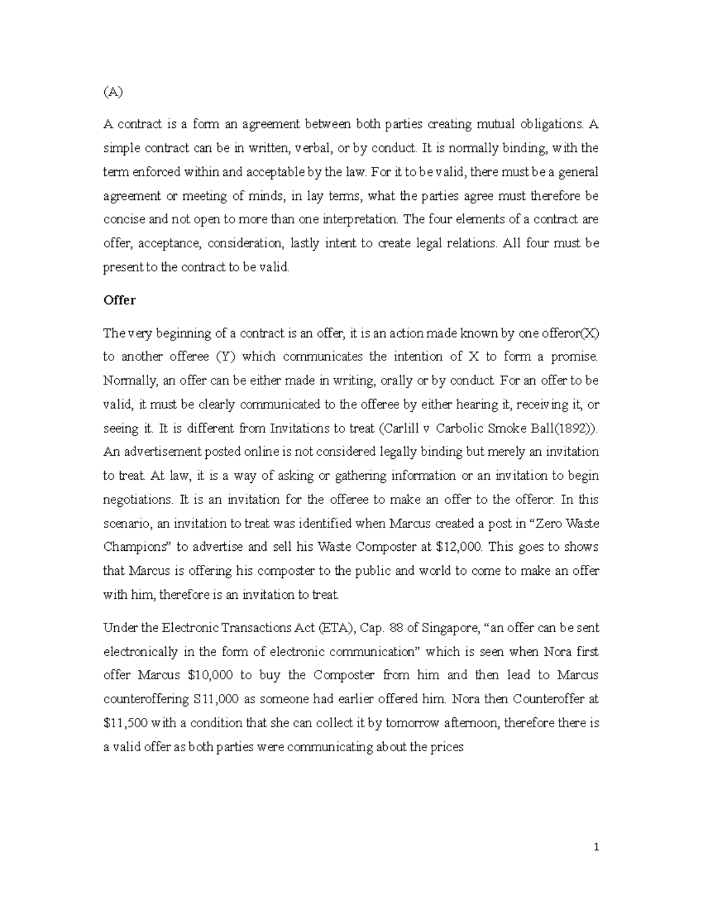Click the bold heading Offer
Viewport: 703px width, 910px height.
tap(119, 300)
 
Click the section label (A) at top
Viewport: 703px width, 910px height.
tap(114, 92)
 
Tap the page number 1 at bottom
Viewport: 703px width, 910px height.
tap(596, 847)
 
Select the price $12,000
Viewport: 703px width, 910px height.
tap(459, 547)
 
